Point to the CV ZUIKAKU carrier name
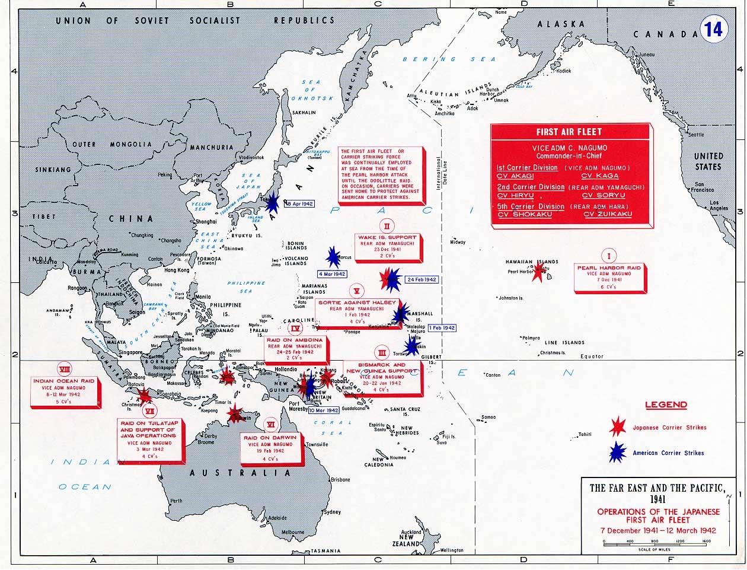[x=608, y=214]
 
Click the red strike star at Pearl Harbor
[x=538, y=272]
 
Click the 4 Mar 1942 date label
[x=332, y=274]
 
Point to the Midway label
[x=458, y=242]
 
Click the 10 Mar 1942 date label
[x=324, y=410]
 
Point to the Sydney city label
[x=332, y=511]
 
